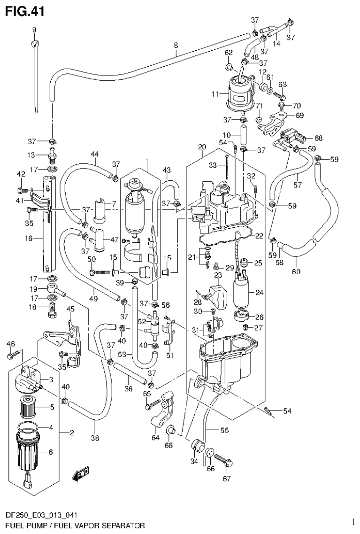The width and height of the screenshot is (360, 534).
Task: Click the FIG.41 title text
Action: [24, 11]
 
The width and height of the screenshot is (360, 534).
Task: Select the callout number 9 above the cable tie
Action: [34, 30]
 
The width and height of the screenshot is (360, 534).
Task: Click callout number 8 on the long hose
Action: [176, 46]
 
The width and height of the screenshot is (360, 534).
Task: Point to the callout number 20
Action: [202, 147]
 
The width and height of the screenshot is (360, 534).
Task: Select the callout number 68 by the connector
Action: [319, 138]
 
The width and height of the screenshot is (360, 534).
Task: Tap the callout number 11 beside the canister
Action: [215, 94]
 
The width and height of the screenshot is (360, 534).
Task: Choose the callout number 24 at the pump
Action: [260, 292]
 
